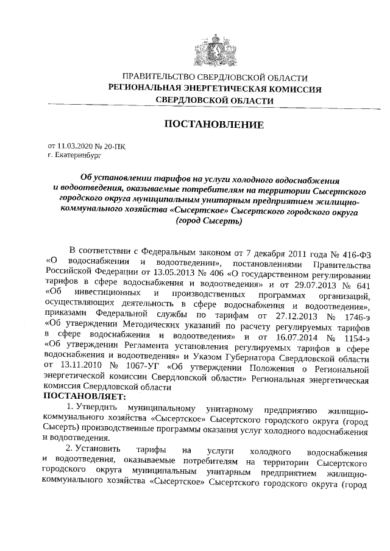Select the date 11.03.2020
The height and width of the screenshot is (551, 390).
(76, 147)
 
